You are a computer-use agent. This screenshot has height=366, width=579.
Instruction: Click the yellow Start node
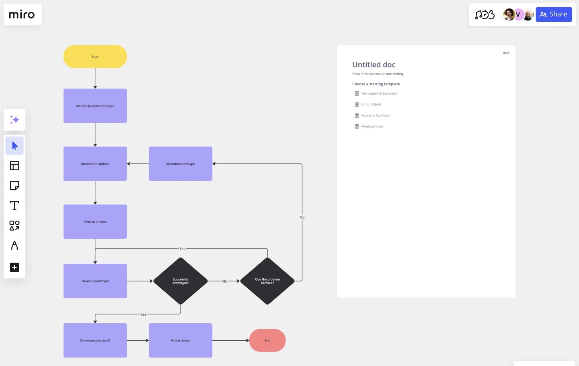pos(95,56)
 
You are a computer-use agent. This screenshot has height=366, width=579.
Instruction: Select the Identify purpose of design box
pos(95,106)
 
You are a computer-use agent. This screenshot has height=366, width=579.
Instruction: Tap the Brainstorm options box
pos(95,164)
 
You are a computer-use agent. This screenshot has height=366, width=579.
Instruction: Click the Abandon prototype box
pos(180,164)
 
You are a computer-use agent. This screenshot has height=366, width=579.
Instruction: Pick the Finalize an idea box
pos(95,222)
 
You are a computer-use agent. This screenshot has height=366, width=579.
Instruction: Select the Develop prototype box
pos(95,281)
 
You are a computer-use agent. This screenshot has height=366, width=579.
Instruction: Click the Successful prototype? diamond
pos(181,281)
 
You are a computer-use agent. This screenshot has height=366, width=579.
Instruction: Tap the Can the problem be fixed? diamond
pos(267,281)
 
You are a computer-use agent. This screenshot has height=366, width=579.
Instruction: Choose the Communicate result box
pos(95,341)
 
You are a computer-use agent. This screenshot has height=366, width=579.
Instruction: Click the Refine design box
pos(180,341)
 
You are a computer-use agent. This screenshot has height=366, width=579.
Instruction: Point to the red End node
pos(267,341)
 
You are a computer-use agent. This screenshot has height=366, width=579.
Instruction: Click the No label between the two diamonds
pos(225,281)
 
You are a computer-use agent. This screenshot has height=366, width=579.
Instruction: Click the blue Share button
pos(554,14)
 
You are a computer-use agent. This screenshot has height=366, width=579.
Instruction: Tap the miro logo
pos(22,15)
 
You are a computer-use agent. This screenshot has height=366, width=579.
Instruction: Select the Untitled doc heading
pos(374,65)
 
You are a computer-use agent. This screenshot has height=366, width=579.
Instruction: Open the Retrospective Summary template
pos(379,93)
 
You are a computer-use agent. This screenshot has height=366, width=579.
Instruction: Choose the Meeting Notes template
pos(372,126)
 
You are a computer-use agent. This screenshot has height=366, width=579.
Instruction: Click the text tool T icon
pos(14,206)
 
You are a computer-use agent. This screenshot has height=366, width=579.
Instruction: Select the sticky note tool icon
pos(14,186)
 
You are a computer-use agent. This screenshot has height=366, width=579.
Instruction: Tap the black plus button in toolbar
pos(14,267)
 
